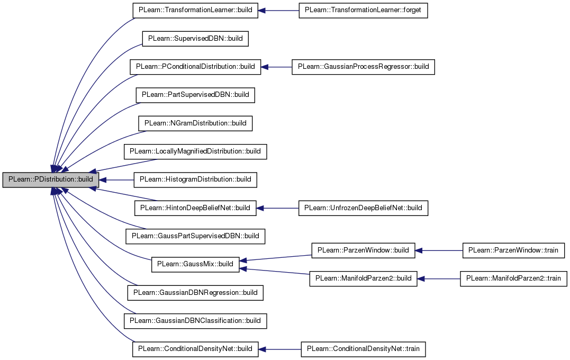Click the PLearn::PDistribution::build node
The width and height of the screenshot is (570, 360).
pyautogui.click(x=50, y=180)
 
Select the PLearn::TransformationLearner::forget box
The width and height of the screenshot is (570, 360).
pyautogui.click(x=363, y=11)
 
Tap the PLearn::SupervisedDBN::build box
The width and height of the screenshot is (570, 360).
pyautogui.click(x=195, y=39)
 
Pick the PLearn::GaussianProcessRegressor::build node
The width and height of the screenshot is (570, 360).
pyautogui.click(x=363, y=67)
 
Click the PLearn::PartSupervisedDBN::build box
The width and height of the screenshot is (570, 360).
pyautogui.click(x=195, y=95)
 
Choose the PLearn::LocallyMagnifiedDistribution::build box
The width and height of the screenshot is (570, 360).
pyautogui.click(x=195, y=151)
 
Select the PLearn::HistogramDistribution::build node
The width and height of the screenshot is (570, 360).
pyautogui.click(x=195, y=180)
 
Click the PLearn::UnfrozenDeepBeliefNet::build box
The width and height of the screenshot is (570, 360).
pyautogui.click(x=363, y=209)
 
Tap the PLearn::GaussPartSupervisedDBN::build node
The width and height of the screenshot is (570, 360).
pyautogui.click(x=195, y=236)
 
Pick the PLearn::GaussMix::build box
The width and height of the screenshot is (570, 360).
pyautogui.click(x=195, y=264)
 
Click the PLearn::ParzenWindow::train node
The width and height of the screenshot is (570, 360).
pyautogui.click(x=513, y=250)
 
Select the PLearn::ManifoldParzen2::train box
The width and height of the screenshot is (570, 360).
pyautogui.click(x=513, y=279)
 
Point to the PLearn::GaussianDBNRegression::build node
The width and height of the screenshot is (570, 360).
pyautogui.click(x=195, y=293)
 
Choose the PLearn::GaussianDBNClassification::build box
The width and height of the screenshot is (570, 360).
pyautogui.click(x=195, y=321)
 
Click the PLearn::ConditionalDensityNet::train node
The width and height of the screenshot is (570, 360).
pyautogui.click(x=363, y=349)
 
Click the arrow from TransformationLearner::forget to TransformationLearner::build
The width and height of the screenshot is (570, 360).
pyautogui.click(x=278, y=11)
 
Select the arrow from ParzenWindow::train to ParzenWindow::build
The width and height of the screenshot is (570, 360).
pyautogui.click(x=439, y=250)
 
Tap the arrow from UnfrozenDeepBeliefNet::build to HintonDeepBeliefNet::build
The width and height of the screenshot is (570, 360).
pyautogui.click(x=277, y=209)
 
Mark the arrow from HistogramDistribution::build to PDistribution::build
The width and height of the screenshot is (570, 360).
pyautogui.click(x=116, y=180)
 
